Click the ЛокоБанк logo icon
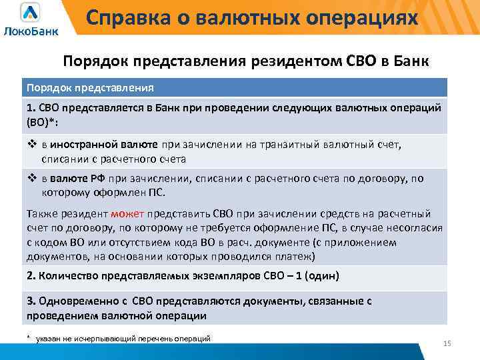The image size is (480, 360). [31, 13]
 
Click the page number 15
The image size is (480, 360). [447, 343]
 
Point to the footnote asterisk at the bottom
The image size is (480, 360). [29, 338]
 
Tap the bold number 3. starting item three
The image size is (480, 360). [31, 301]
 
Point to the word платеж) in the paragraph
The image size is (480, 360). [295, 256]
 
